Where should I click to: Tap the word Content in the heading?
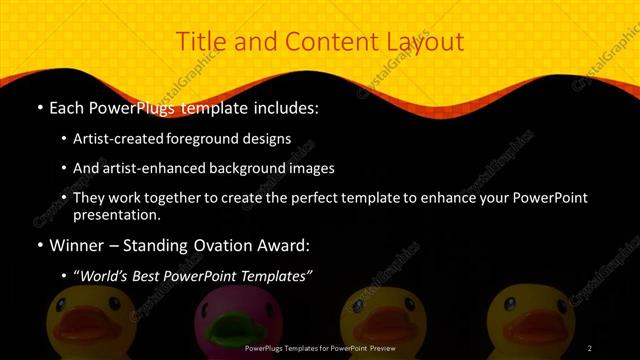click(322, 42)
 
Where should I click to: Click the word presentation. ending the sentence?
click(115, 214)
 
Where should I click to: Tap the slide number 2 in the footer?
click(590, 348)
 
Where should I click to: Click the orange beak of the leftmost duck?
click(79, 330)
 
